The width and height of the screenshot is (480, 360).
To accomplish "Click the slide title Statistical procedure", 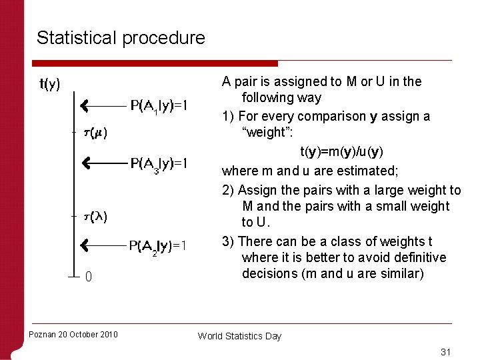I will [121, 38].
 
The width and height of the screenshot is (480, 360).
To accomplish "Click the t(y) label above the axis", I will [50, 84].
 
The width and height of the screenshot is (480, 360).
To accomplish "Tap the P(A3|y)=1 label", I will [159, 163].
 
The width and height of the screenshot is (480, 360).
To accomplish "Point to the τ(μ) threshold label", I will [96, 133].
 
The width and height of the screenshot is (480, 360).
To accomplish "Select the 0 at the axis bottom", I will [88, 277].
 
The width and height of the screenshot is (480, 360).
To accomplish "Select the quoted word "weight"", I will [265, 132].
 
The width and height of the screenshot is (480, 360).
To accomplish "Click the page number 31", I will [446, 352].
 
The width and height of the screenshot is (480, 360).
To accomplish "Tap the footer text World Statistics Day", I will [239, 336].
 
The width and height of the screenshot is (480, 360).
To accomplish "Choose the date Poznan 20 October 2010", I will [73, 334].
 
